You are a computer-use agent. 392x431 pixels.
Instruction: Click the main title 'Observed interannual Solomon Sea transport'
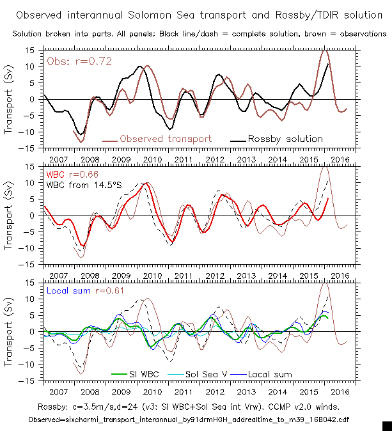coord(195,13)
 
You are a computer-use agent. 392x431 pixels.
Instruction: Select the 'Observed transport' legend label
coord(165,139)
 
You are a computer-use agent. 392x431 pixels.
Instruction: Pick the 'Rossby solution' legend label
coord(285,139)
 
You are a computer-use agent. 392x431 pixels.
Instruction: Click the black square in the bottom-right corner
coord(386,425)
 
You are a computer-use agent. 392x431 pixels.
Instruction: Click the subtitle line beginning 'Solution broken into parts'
coord(195,34)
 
